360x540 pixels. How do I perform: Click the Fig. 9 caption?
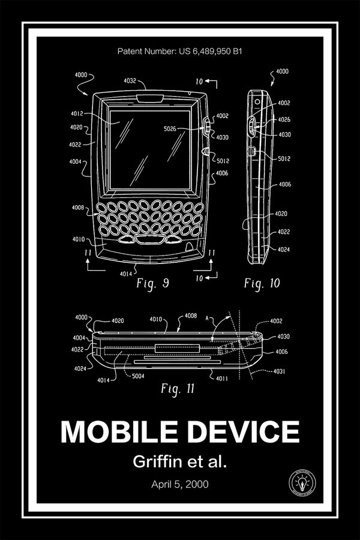pyautogui.click(x=150, y=283)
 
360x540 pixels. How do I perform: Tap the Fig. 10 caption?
pyautogui.click(x=262, y=283)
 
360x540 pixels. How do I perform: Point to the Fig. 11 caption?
pyautogui.click(x=178, y=388)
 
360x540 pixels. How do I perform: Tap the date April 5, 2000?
pyautogui.click(x=180, y=484)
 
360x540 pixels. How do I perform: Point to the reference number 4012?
pyautogui.click(x=76, y=113)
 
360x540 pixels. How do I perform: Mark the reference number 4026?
pyautogui.click(x=284, y=119)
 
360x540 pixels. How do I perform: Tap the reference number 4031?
pyautogui.click(x=280, y=372)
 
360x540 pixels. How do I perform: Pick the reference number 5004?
pyautogui.click(x=139, y=376)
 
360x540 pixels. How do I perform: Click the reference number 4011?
pyautogui.click(x=221, y=379)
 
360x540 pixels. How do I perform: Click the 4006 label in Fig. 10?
pyautogui.click(x=285, y=185)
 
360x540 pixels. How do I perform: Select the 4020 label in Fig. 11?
pyautogui.click(x=117, y=321)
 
